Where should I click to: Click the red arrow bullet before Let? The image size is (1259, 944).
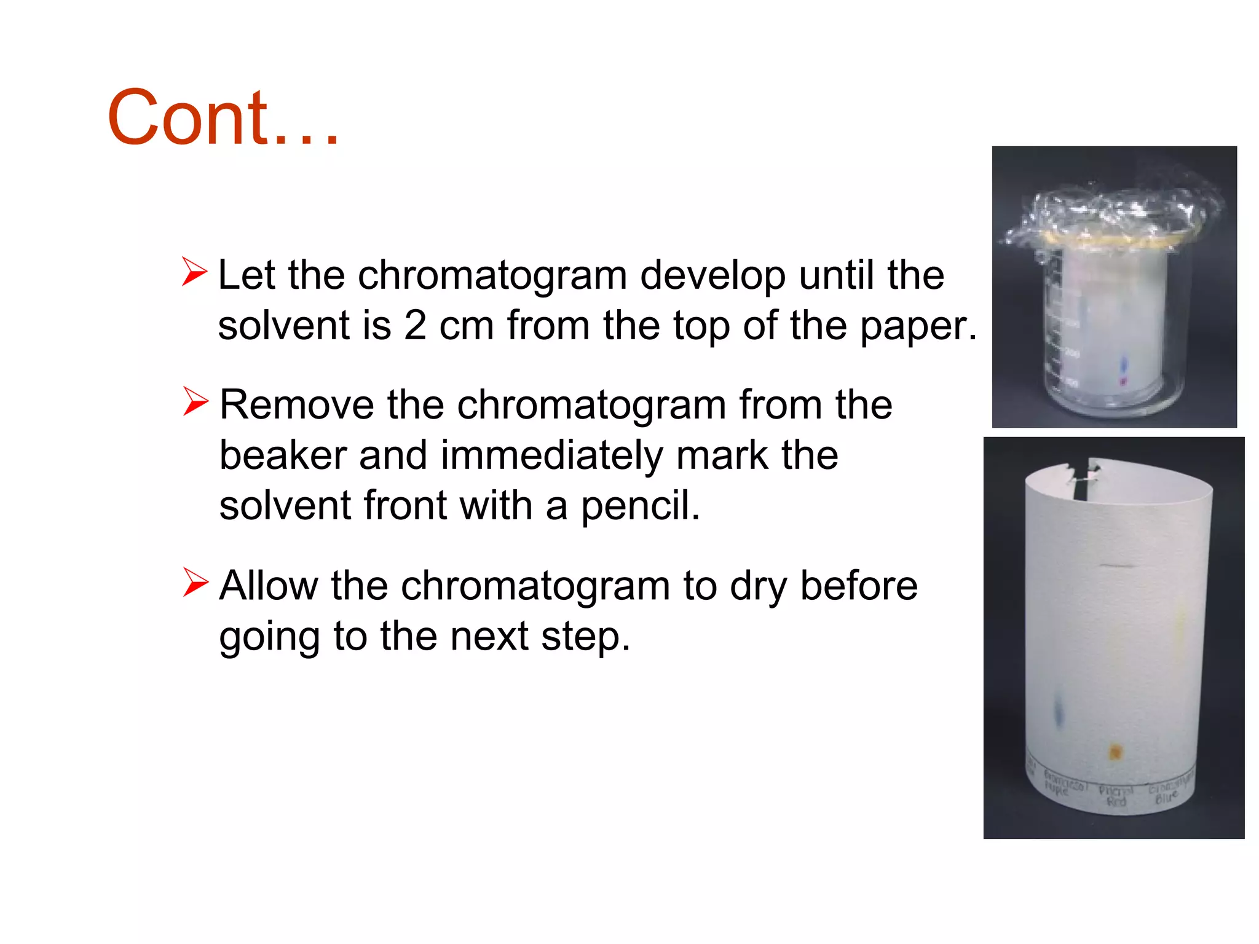coord(194,273)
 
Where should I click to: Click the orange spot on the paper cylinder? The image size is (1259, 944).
coord(1115,752)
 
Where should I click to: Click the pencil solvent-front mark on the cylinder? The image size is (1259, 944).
coord(1116,565)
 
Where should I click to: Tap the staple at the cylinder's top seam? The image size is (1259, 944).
coord(1086,474)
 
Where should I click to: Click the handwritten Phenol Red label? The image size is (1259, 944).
coord(1116,796)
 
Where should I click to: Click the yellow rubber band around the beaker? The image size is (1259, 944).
coord(1107,241)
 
